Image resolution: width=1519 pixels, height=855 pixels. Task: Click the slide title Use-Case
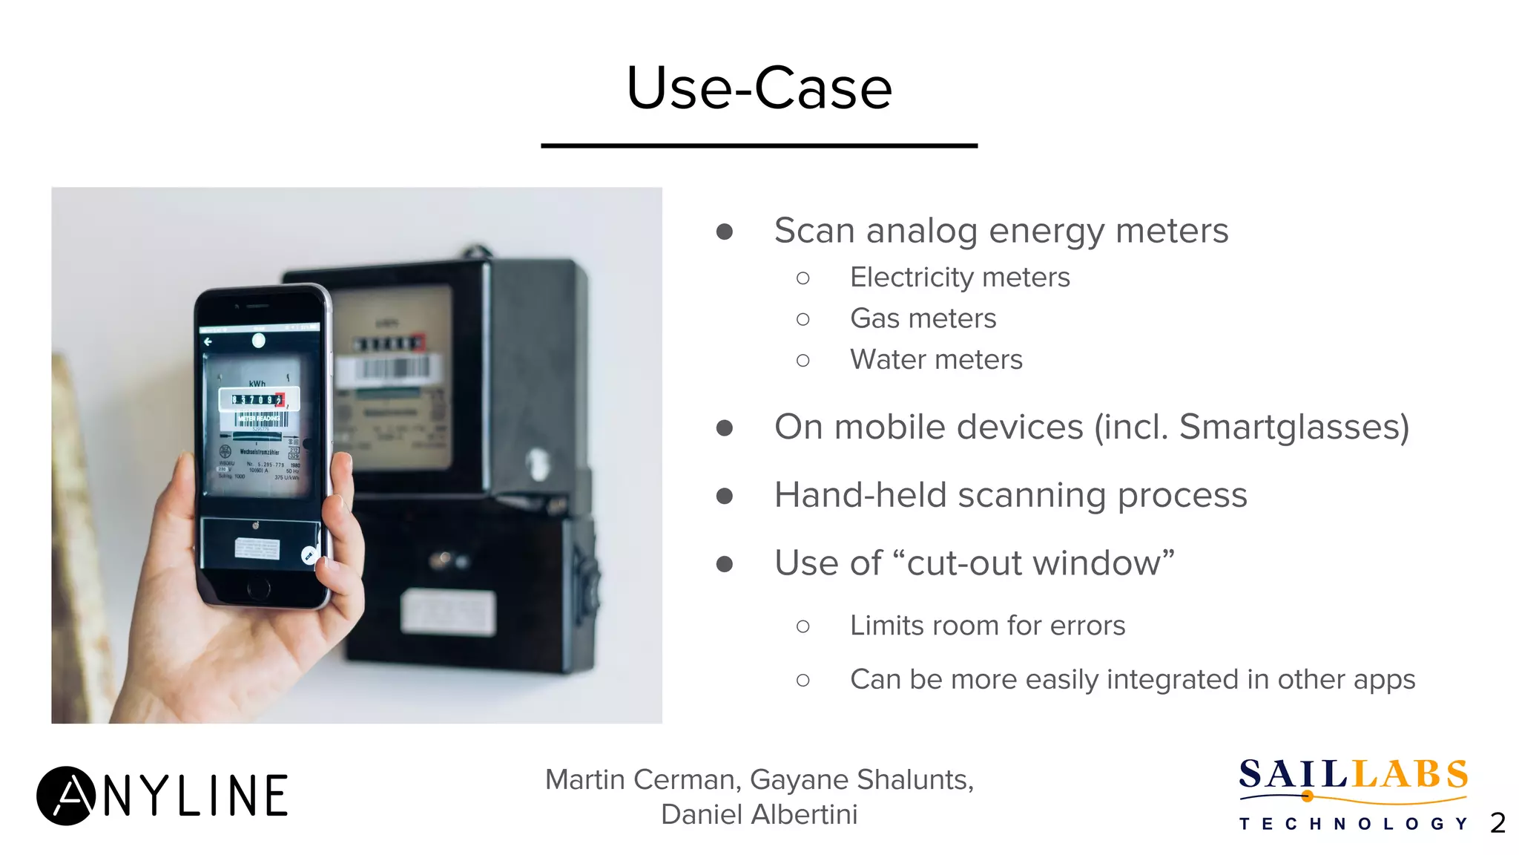pyautogui.click(x=759, y=88)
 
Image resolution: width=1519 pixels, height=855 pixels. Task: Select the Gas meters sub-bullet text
pyautogui.click(x=923, y=318)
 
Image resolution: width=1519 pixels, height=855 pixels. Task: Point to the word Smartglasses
pyautogui.click(x=1293, y=427)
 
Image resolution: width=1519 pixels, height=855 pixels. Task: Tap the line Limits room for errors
pyautogui.click(x=987, y=626)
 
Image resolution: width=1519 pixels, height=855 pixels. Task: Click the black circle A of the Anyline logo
pyautogui.click(x=66, y=796)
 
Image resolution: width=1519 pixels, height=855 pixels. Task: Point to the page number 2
pyautogui.click(x=1497, y=822)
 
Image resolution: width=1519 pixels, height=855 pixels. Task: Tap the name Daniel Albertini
pyautogui.click(x=759, y=814)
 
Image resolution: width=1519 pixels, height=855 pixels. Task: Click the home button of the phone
pyautogui.click(x=258, y=589)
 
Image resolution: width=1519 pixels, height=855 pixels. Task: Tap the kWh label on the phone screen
pyautogui.click(x=257, y=384)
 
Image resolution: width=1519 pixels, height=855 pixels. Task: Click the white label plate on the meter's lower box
pyautogui.click(x=448, y=612)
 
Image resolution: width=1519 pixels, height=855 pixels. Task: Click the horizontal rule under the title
pyautogui.click(x=759, y=145)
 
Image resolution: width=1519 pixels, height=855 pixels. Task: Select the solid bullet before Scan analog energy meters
pyautogui.click(x=725, y=232)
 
